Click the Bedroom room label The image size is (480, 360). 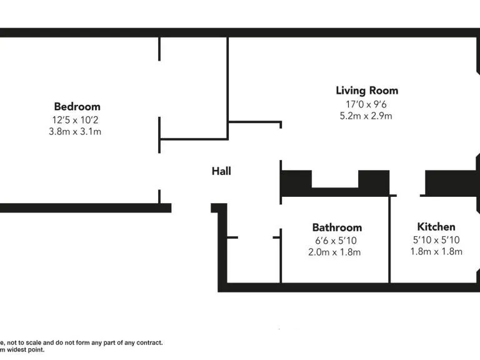coord(77,106)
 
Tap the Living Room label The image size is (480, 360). coord(367,91)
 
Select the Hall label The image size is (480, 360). coord(221,171)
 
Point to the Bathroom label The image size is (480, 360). coord(337,227)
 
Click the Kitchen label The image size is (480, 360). coord(436,226)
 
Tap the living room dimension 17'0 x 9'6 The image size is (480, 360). coord(367,104)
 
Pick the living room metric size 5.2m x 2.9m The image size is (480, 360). coord(367,116)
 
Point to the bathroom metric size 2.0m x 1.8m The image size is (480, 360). coord(335,252)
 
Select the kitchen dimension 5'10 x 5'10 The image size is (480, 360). coord(436,239)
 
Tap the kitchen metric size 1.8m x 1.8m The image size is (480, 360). coord(436,252)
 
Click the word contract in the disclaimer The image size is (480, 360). coord(147,342)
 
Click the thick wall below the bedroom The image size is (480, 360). coord(84,208)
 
